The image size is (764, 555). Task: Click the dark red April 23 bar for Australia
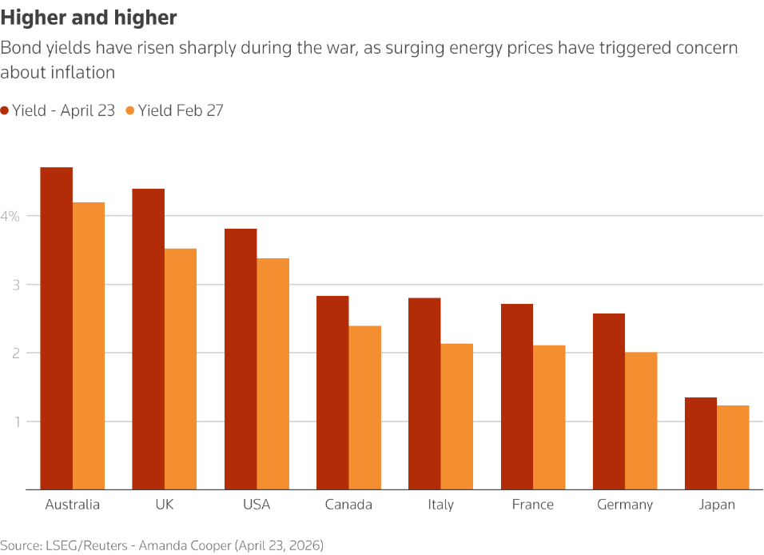(57, 328)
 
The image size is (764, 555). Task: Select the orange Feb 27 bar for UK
(181, 369)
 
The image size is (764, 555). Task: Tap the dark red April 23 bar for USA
(241, 359)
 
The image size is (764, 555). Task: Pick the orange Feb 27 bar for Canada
(364, 407)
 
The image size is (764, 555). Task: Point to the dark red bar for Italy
(424, 393)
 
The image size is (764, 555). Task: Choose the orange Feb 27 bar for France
(549, 417)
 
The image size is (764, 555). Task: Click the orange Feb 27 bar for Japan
(733, 447)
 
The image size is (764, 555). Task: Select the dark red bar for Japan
(701, 443)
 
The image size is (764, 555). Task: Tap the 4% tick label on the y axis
(10, 216)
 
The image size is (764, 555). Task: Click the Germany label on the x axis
(625, 505)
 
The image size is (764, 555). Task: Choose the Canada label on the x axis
(348, 505)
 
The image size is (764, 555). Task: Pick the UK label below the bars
(165, 505)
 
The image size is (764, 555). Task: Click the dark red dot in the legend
(5, 111)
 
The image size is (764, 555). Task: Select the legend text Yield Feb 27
(181, 111)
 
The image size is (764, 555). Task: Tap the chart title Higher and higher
(89, 18)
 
